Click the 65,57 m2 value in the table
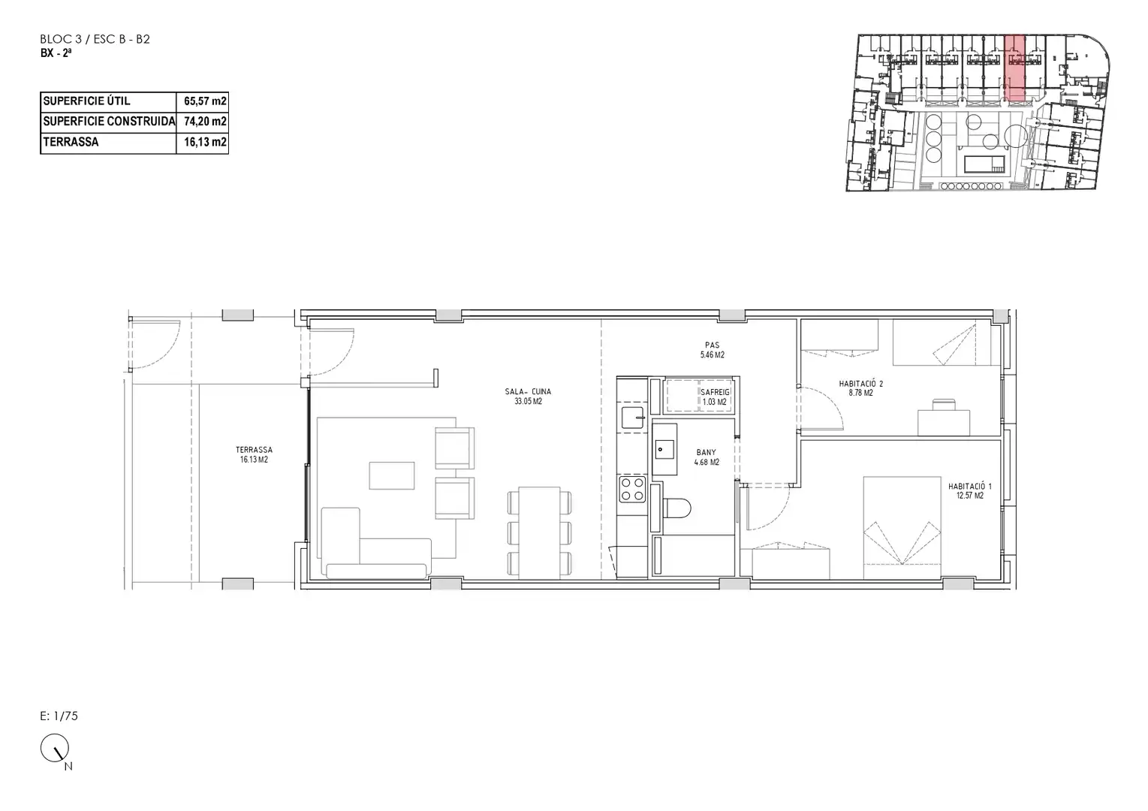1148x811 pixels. click(205, 101)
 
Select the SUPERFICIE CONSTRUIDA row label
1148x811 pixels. click(109, 122)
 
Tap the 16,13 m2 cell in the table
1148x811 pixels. click(205, 142)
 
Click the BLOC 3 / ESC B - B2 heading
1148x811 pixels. click(95, 40)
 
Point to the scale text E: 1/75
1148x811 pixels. click(59, 716)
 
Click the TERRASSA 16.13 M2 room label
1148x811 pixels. click(255, 455)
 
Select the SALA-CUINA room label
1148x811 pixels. click(528, 396)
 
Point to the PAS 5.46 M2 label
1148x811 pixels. click(712, 350)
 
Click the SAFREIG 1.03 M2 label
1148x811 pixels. click(715, 396)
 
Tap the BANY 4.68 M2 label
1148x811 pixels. click(707, 457)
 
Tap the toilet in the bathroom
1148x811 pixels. click(676, 508)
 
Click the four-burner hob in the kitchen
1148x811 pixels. click(633, 489)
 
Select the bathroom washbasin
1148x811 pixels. click(664, 450)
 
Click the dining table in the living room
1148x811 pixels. click(540, 533)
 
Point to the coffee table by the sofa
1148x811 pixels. click(392, 475)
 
